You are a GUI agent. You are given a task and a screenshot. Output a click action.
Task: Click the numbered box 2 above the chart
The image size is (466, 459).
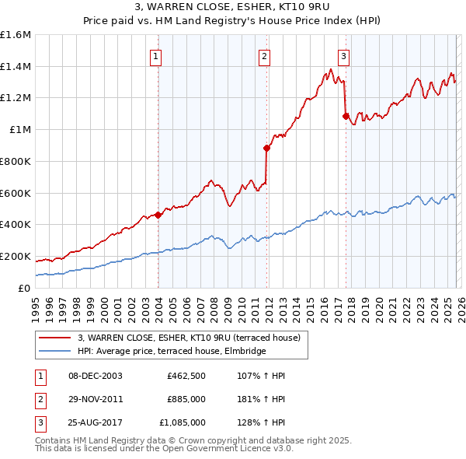click(265, 55)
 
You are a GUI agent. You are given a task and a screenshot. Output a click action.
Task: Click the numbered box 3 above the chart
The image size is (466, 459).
click(343, 55)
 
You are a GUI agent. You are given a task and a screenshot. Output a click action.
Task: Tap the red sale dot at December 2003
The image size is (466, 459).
click(158, 215)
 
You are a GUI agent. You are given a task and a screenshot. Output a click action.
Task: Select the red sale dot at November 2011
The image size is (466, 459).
click(266, 148)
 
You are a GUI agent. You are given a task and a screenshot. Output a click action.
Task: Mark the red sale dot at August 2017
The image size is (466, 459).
click(346, 116)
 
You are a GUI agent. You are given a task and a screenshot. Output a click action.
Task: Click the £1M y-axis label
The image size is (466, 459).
click(22, 130)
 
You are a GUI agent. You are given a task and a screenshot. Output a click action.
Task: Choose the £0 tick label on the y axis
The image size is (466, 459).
click(26, 288)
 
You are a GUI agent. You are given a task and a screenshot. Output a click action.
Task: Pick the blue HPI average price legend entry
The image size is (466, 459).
click(172, 352)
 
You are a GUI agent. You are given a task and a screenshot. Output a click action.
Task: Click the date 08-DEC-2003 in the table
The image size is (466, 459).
click(96, 376)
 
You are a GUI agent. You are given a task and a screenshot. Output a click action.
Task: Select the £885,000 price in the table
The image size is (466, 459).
click(186, 399)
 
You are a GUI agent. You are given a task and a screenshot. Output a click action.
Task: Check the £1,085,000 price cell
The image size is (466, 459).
click(182, 422)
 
